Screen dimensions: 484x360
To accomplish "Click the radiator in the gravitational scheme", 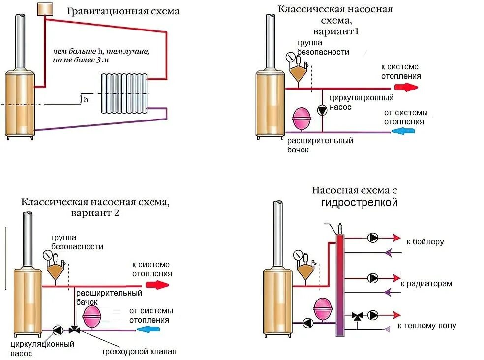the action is (124, 93).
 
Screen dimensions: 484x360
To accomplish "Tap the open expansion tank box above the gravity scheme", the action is (45, 9).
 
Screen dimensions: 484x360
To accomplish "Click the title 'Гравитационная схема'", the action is (123, 11).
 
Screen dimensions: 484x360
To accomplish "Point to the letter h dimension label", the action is (86, 99).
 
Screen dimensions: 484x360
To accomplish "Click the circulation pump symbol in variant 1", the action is (322, 110).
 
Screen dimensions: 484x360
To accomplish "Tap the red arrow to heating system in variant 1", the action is (406, 88).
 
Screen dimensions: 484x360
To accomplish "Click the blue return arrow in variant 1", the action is (403, 131).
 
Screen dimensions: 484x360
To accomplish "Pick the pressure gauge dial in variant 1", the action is (290, 57).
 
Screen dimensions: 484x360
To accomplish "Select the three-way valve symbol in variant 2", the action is (74, 330).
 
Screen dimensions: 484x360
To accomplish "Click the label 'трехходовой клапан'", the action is (139, 351).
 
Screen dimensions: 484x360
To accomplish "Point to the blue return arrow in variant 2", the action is (148, 329).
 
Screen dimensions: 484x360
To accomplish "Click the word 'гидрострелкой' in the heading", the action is (359, 203).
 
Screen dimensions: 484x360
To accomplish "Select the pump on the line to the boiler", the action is (373, 238).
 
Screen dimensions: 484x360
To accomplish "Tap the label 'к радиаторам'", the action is (426, 284).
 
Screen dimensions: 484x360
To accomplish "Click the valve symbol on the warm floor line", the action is (357, 316).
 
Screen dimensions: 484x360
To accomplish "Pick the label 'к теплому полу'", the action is (427, 326).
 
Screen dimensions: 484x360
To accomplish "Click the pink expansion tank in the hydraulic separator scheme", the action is (323, 309).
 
